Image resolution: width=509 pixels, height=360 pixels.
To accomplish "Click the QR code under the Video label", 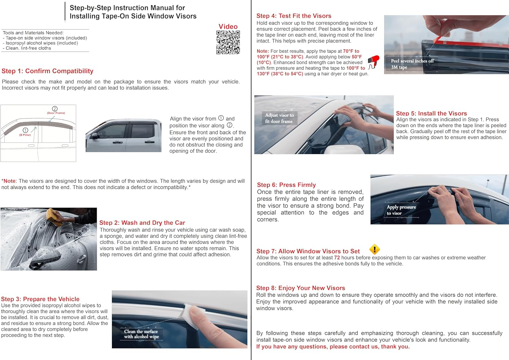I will tap(228, 42).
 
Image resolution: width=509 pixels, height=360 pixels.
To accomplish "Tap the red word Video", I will tap(228, 26).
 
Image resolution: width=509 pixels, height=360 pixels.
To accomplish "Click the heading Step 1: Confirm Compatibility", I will tap(48, 71).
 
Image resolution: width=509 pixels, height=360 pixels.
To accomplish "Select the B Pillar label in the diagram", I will tap(25, 135).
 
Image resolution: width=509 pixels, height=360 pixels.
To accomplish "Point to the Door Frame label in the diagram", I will tap(56, 113).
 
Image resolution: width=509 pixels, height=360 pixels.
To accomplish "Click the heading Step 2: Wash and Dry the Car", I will tap(142, 223).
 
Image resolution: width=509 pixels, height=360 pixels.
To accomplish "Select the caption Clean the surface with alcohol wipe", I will tap(142, 334).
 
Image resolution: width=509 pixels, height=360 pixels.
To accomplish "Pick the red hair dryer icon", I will tap(374, 62).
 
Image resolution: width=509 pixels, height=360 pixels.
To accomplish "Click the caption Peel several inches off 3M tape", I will tap(412, 64).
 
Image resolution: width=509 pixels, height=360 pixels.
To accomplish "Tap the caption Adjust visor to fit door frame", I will tap(279, 118).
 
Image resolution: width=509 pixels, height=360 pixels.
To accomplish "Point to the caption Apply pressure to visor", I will tap(401, 210).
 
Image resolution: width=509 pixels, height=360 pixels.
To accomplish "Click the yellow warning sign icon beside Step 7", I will tap(374, 249).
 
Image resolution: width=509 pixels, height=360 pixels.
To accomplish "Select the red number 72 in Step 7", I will tap(337, 258).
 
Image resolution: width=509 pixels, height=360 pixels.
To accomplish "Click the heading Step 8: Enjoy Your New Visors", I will tap(301, 288).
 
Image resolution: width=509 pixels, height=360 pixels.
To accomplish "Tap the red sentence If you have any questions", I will tap(333, 346).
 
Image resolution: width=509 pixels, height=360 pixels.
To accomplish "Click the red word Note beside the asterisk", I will tap(10, 181).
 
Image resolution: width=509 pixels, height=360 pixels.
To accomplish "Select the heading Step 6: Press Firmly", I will tap(286, 185).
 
